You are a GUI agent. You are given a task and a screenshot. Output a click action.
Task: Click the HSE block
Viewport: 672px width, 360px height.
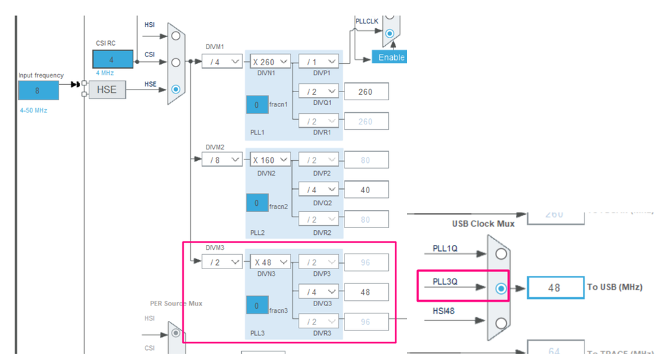106,89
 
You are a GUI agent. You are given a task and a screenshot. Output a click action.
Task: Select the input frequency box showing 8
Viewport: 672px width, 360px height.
38,90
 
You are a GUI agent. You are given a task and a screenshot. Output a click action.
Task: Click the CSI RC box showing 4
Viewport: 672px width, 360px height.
112,59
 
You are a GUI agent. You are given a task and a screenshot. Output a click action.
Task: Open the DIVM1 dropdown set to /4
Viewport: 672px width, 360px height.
222,62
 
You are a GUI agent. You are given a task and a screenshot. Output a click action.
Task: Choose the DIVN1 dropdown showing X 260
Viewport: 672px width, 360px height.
270,62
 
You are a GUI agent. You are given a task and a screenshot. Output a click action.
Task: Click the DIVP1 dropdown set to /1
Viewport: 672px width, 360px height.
319,62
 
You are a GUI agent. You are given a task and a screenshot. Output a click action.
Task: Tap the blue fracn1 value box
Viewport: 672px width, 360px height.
257,105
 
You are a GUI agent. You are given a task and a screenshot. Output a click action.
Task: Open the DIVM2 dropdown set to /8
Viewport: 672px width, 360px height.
222,160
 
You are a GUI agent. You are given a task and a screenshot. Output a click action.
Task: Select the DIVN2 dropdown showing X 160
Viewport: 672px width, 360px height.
270,160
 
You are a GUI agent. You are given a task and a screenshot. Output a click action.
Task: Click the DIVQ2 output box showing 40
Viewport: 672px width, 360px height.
366,190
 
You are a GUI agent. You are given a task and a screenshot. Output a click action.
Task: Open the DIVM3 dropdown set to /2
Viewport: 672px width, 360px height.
222,262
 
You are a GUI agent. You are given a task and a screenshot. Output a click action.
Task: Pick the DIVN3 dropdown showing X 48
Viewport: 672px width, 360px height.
270,262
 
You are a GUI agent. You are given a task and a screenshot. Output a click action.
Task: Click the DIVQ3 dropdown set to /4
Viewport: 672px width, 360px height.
319,292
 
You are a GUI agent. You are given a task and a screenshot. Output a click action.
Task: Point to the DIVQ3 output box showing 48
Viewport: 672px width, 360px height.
366,292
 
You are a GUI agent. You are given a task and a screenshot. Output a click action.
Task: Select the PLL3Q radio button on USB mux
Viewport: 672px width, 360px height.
500,288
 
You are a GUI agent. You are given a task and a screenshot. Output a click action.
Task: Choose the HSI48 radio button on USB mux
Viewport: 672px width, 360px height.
500,322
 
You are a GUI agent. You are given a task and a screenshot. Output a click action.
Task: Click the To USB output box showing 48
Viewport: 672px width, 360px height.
555,287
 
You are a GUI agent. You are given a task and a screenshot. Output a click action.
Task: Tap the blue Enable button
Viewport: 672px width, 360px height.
390,57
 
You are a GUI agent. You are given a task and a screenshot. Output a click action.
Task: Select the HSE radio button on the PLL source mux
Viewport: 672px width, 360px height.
176,89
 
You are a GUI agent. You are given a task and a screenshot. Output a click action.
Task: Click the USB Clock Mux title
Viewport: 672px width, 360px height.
483,223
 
